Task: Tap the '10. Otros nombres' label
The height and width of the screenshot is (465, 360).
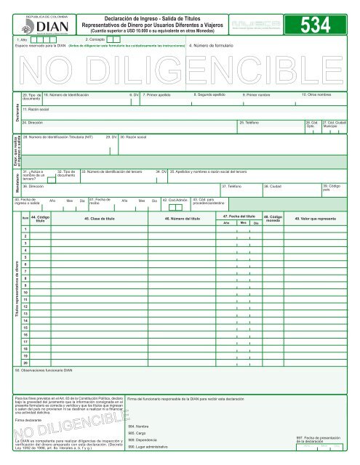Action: pyautogui.click(x=316, y=95)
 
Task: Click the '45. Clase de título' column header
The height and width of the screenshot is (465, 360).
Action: pyautogui.click(x=100, y=218)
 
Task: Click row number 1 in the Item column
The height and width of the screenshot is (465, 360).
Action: pyautogui.click(x=25, y=230)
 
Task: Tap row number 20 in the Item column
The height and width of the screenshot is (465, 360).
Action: pyautogui.click(x=25, y=362)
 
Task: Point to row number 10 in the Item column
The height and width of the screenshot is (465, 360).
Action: pyautogui.click(x=25, y=292)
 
